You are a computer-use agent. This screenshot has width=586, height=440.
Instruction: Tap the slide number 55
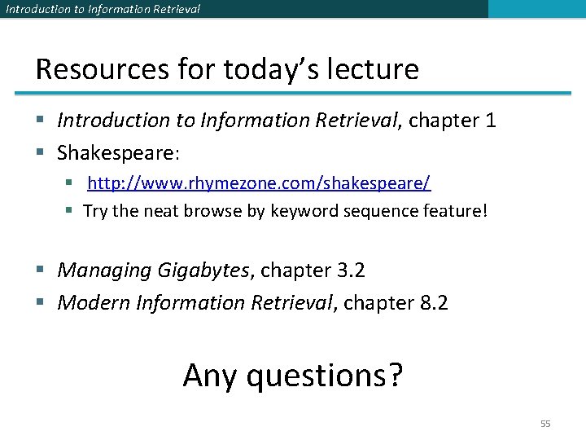click(x=545, y=424)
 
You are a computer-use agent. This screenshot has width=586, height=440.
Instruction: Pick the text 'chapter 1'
click(x=452, y=121)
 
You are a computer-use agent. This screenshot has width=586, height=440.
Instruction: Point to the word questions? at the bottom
click(x=324, y=376)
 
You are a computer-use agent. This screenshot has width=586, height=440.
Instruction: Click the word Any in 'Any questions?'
click(x=210, y=376)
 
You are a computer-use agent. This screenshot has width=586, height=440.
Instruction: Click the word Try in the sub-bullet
click(x=95, y=211)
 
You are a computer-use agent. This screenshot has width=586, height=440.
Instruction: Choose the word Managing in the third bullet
click(x=95, y=271)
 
